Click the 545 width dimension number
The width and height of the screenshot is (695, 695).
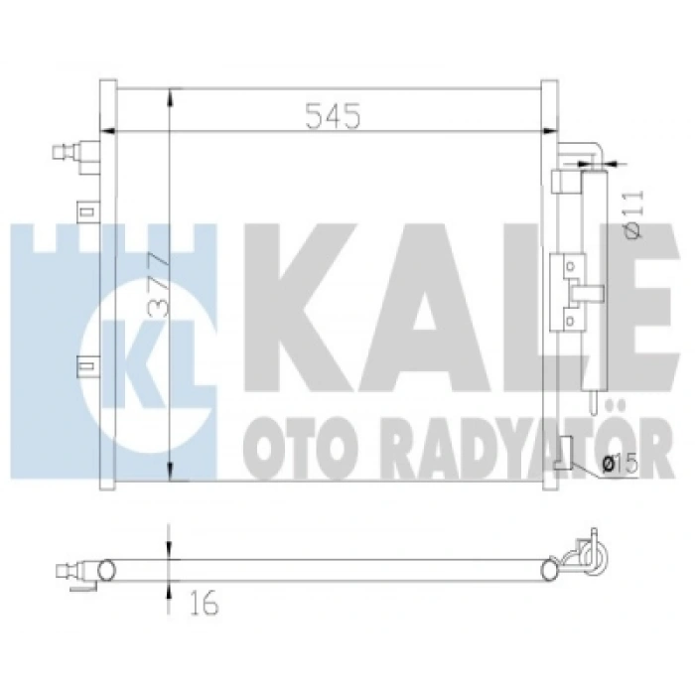tap(333, 116)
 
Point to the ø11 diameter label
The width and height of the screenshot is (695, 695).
tap(633, 214)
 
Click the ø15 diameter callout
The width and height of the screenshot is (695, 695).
tap(621, 464)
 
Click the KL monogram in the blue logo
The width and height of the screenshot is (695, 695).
tap(149, 364)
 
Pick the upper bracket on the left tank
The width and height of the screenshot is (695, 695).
tap(88, 211)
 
